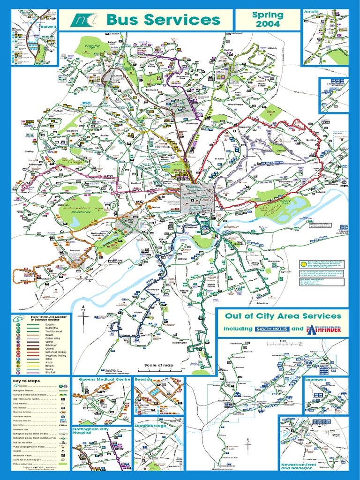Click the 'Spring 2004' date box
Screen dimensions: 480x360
(x=268, y=19)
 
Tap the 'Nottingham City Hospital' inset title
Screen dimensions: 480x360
(x=90, y=431)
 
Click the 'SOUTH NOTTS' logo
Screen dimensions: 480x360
(x=273, y=329)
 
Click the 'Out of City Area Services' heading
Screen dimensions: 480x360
(x=283, y=315)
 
